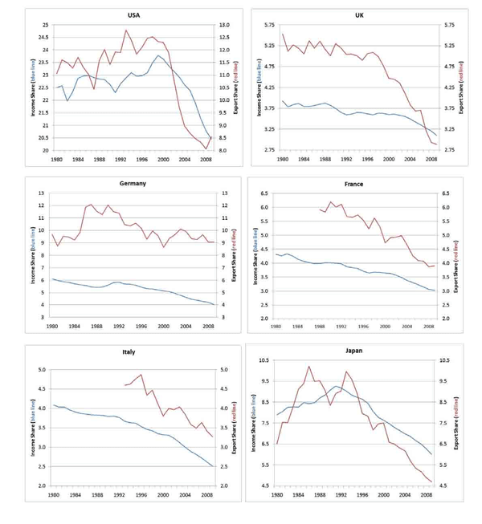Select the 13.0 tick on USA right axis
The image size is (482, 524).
pos(229,25)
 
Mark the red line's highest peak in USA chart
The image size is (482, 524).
pos(126,30)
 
